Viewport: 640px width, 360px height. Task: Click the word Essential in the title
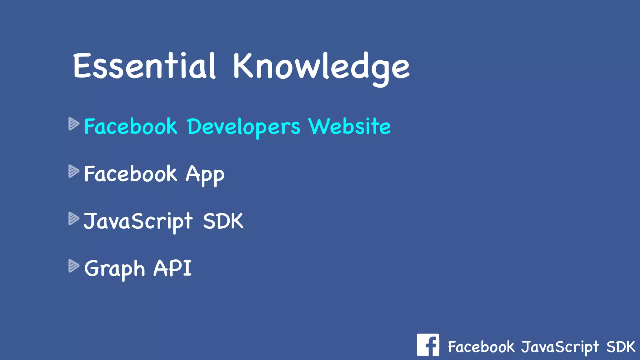pyautogui.click(x=144, y=66)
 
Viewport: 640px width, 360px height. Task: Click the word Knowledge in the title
pyautogui.click(x=321, y=67)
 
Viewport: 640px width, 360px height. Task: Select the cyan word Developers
pyautogui.click(x=244, y=127)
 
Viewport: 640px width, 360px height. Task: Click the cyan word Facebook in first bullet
pyautogui.click(x=131, y=127)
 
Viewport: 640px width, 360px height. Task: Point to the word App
pyautogui.click(x=205, y=174)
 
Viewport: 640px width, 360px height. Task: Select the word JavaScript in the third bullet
pyautogui.click(x=138, y=222)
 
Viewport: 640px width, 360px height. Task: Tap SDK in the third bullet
pyautogui.click(x=223, y=221)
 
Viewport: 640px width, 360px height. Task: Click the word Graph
pyautogui.click(x=115, y=269)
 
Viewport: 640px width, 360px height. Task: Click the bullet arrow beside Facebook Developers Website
pyautogui.click(x=73, y=124)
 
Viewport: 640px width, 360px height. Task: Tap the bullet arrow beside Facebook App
pyautogui.click(x=73, y=171)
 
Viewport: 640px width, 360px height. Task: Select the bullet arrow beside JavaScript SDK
pyautogui.click(x=73, y=219)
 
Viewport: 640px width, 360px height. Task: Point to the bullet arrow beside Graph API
pyautogui.click(x=73, y=266)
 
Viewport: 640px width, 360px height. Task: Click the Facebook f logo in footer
pyautogui.click(x=428, y=345)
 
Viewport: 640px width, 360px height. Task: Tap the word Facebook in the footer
pyautogui.click(x=481, y=347)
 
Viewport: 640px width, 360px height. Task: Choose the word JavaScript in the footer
pyautogui.click(x=560, y=347)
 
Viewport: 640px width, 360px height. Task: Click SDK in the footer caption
pyautogui.click(x=621, y=347)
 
